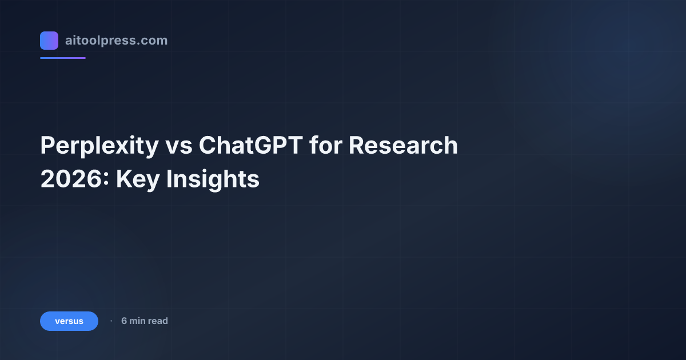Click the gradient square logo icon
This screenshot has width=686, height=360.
coord(49,41)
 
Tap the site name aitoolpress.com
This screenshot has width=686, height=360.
coord(116,41)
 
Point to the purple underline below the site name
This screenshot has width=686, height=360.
coord(63,58)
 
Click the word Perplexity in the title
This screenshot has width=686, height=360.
coord(99,146)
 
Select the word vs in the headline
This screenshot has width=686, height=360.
coord(178,146)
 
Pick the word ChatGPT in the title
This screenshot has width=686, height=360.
coord(251,146)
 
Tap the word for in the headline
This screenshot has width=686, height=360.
coord(326,146)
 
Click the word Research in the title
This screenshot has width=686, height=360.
coord(404,146)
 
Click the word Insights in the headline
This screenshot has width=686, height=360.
coord(213,179)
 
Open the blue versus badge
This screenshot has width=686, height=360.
coord(69,321)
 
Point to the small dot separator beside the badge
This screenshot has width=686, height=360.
coord(111,321)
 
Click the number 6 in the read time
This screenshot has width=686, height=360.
coord(124,321)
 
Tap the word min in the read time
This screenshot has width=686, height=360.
coord(138,321)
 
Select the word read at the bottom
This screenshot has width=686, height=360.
coord(158,321)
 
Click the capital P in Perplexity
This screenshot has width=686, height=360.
coord(47,146)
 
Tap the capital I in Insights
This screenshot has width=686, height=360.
coord(169,179)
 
